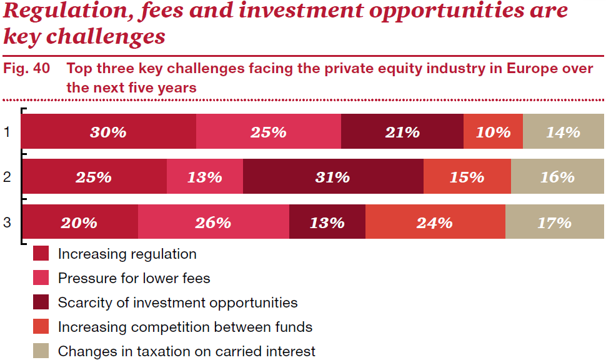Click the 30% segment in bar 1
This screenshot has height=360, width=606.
pos(109,131)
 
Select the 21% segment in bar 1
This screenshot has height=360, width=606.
pos(402,131)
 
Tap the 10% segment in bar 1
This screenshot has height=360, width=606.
pos(493,131)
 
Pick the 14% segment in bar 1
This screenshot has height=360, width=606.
pos(564,131)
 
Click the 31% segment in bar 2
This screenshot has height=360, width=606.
pos(333,176)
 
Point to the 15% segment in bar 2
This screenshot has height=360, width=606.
pos(467,176)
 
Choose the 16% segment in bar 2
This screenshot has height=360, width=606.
pos(558,176)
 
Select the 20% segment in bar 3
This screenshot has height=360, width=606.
pos(79,222)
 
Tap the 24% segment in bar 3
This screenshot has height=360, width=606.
pos(435,222)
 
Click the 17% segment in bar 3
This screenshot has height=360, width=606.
pos(555,222)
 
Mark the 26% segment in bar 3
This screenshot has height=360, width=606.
pos(213,222)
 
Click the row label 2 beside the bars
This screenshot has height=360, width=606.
pos(7,177)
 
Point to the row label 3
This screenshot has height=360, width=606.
pos(7,222)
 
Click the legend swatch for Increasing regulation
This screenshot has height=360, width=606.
pos(41,253)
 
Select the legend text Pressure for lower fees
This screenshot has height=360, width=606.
pos(134,278)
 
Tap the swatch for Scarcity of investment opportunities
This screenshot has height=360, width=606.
pos(41,302)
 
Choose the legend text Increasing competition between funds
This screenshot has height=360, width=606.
pos(185,327)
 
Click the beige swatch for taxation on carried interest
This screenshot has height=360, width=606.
pos(41,351)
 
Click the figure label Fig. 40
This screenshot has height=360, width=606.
pos(27,69)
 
